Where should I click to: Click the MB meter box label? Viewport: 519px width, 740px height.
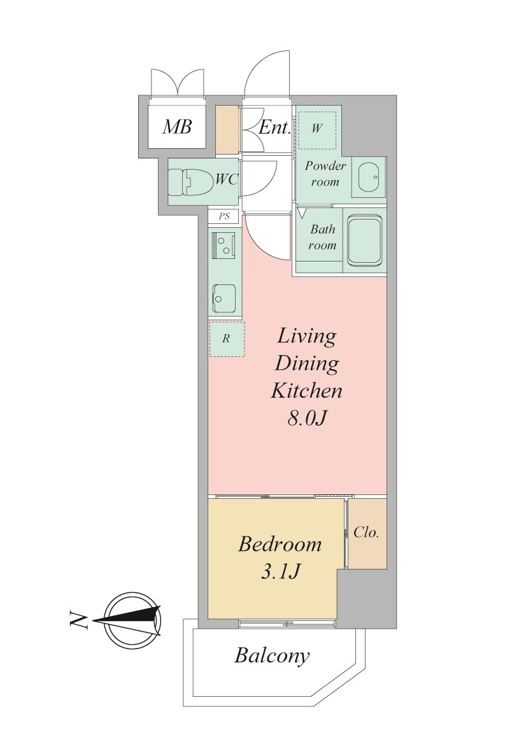coord(177,127)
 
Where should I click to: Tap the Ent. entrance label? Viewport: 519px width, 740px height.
coord(274,127)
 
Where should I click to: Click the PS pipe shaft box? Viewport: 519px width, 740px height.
coord(224,216)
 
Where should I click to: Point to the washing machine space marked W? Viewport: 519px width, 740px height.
coord(317,129)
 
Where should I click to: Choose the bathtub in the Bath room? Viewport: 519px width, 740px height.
coord(365,241)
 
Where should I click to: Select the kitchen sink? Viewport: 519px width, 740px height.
coord(224,298)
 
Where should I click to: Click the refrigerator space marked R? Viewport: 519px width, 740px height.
coord(227,339)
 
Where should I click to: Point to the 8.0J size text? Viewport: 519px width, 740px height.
coord(308,418)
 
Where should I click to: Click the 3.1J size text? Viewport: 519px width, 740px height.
coord(280,571)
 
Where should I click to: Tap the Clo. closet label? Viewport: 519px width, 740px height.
coord(366,533)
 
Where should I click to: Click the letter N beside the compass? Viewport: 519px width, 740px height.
coord(78,620)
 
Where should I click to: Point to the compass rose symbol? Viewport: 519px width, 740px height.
coord(132,620)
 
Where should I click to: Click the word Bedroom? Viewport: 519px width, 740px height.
coord(280,544)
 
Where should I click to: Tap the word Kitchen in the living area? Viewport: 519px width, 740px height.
coord(306,391)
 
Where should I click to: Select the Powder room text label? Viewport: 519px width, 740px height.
coord(325,174)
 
